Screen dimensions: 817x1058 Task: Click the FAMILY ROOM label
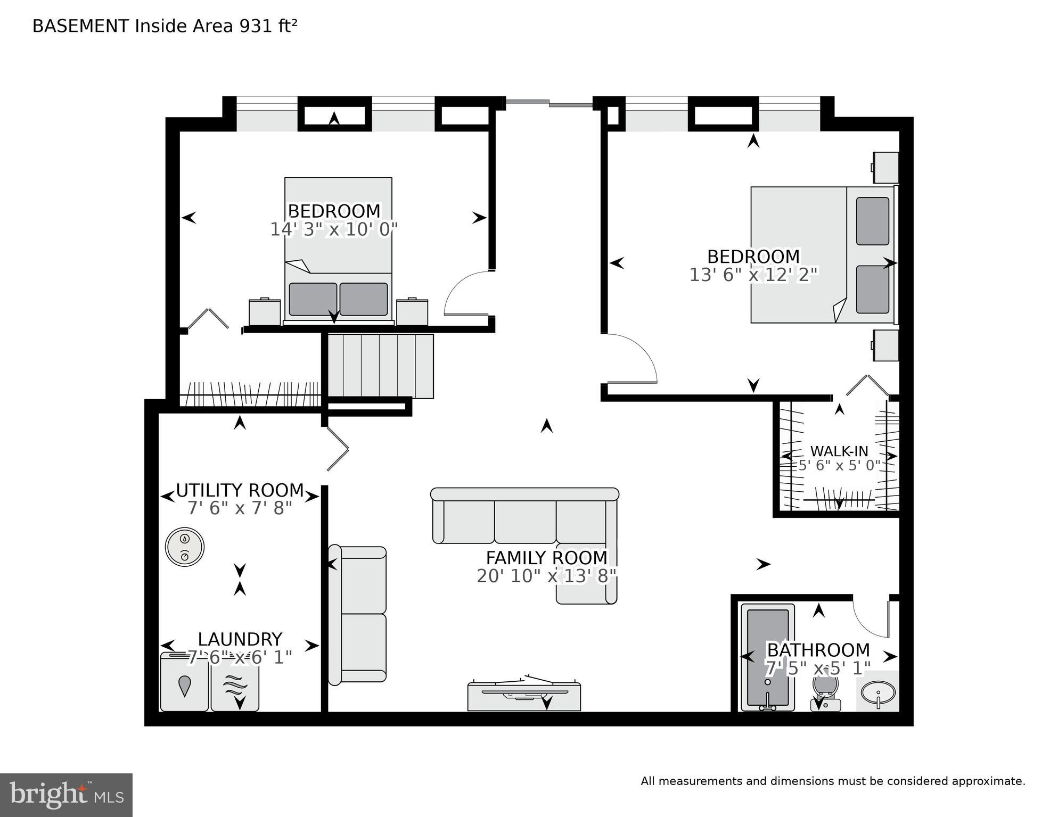coord(546,558)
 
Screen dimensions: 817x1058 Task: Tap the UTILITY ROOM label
coord(240,490)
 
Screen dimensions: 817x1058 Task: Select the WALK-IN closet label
coord(839,451)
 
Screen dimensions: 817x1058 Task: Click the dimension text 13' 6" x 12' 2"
coord(753,275)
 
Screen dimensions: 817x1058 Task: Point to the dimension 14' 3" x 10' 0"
coord(334,229)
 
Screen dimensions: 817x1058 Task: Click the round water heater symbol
coord(185,547)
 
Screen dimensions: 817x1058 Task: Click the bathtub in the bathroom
coord(767,657)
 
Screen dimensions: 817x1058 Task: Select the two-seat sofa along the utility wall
coord(358,615)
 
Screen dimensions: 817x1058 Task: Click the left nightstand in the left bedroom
coord(265,312)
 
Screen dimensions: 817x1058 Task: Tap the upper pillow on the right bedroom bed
coord(872,221)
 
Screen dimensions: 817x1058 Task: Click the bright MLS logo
coord(66,795)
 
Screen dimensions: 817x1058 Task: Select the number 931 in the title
coord(255,26)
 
